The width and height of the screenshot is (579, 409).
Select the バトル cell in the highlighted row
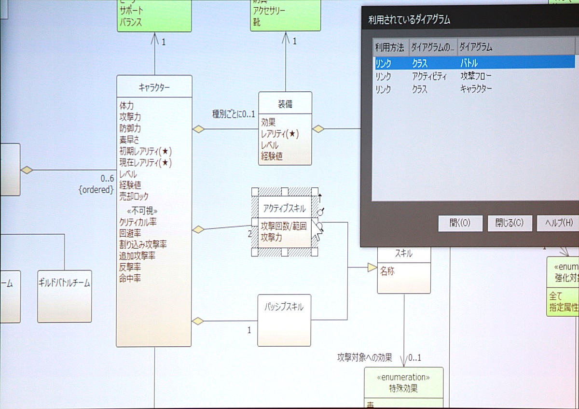(x=469, y=63)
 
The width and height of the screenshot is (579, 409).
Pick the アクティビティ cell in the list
(x=429, y=76)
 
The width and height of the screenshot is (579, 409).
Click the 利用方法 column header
(x=390, y=47)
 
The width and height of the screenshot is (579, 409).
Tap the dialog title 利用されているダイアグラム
(x=409, y=20)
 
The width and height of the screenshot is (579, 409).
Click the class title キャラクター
(x=154, y=87)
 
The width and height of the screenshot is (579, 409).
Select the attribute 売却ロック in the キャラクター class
(x=134, y=197)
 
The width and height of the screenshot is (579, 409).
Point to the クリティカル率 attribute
(x=138, y=222)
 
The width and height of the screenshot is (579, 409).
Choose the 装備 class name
(x=285, y=104)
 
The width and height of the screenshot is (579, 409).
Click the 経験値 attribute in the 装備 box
(x=272, y=156)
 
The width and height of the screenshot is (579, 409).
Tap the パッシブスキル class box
(x=284, y=320)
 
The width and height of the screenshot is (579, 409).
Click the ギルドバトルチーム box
(x=64, y=296)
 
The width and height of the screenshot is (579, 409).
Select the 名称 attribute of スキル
(x=387, y=271)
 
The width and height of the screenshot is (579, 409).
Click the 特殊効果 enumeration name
(x=403, y=388)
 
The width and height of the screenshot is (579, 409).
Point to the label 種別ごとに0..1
(x=234, y=114)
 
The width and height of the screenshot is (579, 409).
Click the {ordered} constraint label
(x=96, y=190)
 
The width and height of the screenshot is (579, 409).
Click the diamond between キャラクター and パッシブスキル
(x=198, y=321)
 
